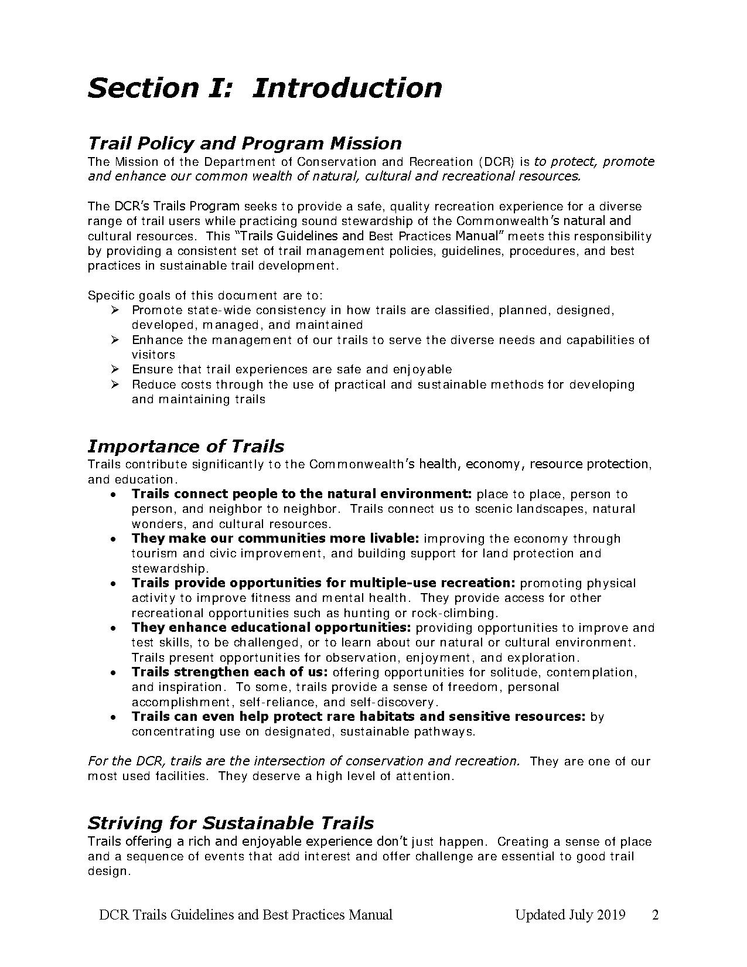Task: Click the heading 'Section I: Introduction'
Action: (264, 88)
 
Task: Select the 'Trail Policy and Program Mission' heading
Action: (244, 143)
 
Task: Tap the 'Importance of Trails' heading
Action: (186, 446)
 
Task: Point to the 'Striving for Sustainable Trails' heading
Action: (230, 823)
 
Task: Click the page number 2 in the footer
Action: (656, 915)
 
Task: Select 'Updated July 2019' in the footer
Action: (570, 915)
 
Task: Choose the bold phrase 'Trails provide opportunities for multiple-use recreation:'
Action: (323, 583)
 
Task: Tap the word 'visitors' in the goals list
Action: (153, 355)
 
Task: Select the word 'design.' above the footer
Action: (108, 871)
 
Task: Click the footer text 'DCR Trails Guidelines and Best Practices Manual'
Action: (245, 915)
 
